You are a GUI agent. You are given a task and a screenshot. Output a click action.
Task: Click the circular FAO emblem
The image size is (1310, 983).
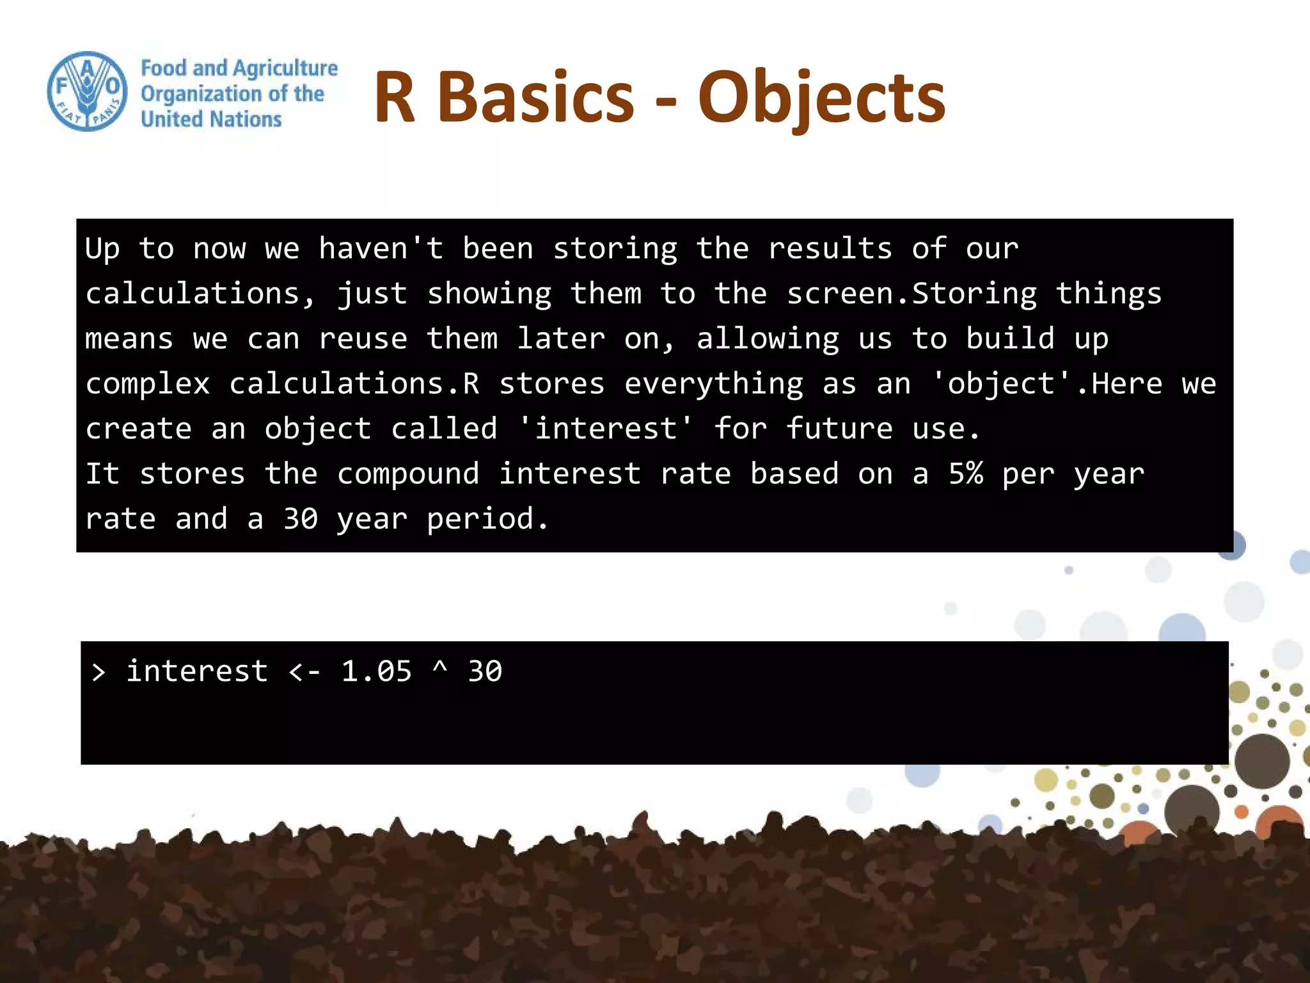tap(87, 92)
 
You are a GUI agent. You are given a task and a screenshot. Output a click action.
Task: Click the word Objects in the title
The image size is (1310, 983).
tap(821, 97)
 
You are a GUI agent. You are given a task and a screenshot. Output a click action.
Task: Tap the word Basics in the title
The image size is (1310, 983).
tap(536, 97)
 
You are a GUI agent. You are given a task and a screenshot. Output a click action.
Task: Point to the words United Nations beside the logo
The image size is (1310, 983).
tap(211, 119)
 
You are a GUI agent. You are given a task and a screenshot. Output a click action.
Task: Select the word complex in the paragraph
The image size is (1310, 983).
tap(148, 384)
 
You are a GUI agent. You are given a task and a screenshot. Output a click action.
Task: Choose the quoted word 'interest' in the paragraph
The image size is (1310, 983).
tap(605, 429)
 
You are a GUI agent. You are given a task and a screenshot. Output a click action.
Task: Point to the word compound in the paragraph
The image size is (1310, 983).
tap(407, 474)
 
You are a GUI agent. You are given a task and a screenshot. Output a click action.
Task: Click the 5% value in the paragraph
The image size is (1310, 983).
tap(966, 474)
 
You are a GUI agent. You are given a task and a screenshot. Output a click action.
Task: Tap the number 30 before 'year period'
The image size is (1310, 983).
tap(301, 519)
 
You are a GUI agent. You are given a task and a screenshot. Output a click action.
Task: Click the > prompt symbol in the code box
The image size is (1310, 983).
tap(99, 672)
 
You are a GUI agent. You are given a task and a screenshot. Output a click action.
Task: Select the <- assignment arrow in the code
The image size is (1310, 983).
tap(304, 672)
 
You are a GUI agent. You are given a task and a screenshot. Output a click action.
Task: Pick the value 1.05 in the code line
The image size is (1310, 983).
tap(376, 672)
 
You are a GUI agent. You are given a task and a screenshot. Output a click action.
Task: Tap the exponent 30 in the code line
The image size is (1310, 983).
tap(485, 672)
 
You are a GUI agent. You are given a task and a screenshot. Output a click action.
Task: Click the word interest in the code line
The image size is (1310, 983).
tap(197, 672)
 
